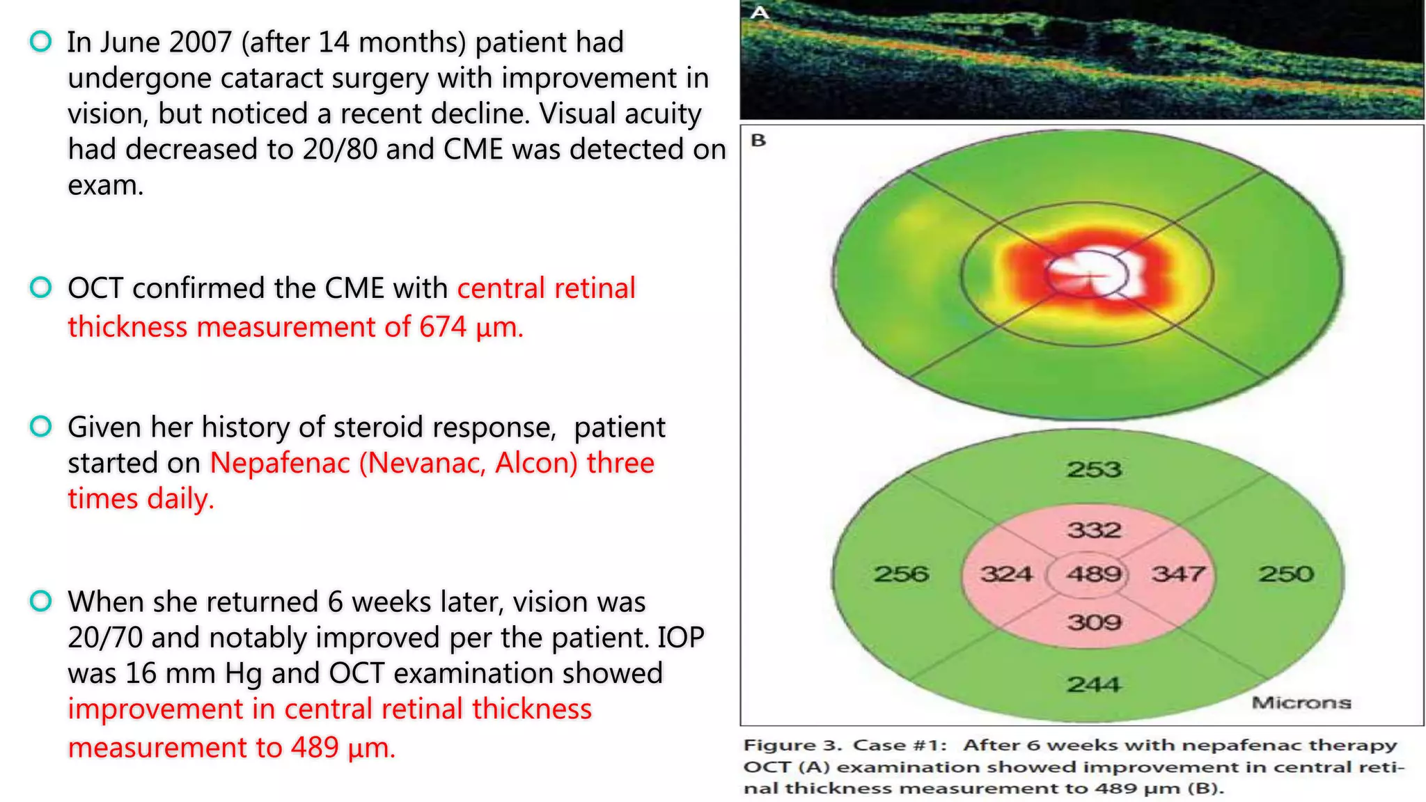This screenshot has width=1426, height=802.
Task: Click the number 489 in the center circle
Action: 1094,574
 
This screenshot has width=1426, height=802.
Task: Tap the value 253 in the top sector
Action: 1094,469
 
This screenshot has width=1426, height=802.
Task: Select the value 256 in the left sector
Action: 902,574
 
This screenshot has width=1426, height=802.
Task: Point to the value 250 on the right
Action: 1285,574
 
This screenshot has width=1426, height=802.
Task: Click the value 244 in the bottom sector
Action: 1094,685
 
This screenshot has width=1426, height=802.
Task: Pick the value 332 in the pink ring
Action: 1094,530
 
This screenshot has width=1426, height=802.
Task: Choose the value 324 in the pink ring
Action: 1007,574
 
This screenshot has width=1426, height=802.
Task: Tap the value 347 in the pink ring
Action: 1178,574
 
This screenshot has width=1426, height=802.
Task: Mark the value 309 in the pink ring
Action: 1094,622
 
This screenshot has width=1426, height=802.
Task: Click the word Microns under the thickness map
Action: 1301,703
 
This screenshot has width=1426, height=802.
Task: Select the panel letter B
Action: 758,141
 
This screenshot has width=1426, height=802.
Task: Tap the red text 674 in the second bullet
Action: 442,327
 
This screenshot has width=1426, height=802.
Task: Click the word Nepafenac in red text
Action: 280,464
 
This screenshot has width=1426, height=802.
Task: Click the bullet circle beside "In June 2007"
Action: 41,42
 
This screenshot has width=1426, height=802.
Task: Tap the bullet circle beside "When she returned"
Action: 41,601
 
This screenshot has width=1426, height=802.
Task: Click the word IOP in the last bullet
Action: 681,638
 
